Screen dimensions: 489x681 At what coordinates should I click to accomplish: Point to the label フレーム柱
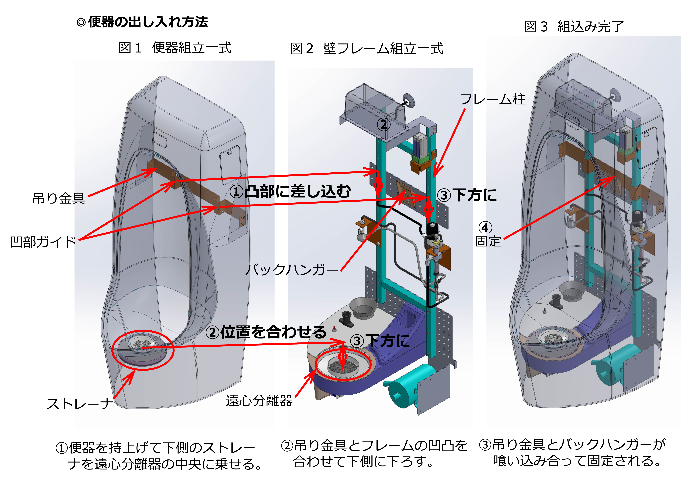(492, 99)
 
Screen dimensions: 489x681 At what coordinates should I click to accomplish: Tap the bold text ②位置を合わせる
(266, 332)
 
